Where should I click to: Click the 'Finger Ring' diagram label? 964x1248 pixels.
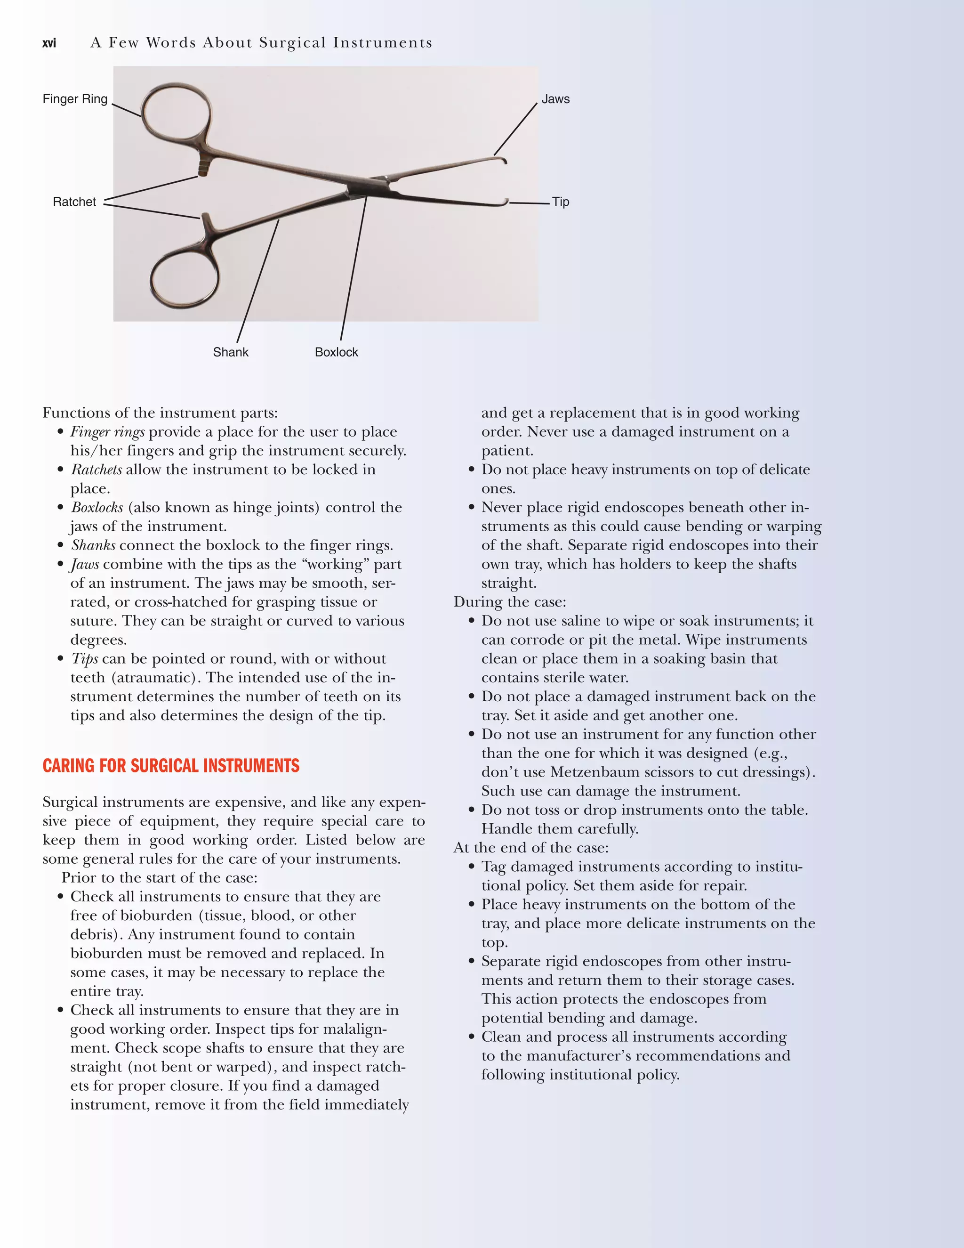coord(75,99)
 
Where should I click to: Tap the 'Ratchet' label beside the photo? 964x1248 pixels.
coord(74,202)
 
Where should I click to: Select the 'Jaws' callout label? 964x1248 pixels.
coord(555,99)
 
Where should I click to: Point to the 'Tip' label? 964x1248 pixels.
coord(560,202)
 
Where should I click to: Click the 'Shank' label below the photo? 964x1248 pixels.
coord(230,352)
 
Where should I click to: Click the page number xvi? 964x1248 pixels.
coord(49,43)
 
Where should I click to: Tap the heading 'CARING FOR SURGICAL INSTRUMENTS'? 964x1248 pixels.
coord(171,766)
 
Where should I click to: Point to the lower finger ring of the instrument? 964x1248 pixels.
coord(184,280)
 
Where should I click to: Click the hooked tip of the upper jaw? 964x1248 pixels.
coord(503,160)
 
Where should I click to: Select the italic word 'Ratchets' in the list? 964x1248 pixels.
coord(96,470)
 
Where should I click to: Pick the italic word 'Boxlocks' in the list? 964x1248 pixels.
coord(96,507)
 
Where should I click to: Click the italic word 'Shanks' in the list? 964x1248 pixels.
coord(93,545)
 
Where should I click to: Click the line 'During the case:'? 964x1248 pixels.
coord(509,602)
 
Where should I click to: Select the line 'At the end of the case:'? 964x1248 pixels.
coord(530,847)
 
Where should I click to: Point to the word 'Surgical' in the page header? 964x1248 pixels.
coord(292,43)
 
